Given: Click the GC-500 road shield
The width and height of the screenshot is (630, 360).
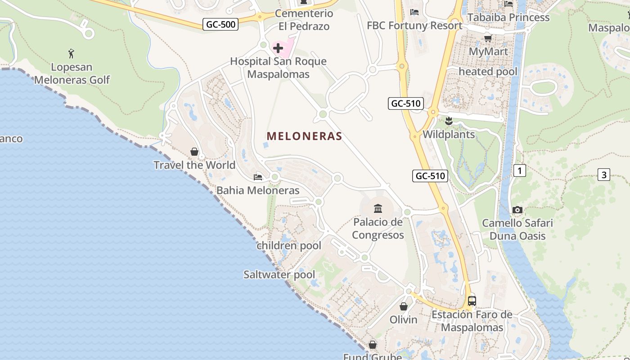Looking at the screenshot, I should click(220, 24).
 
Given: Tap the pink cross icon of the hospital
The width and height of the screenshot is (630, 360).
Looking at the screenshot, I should click(278, 48).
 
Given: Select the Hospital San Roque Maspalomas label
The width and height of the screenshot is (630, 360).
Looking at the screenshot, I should click(278, 67).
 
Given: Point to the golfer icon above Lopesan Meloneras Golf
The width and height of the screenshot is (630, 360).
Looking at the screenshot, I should click(71, 54).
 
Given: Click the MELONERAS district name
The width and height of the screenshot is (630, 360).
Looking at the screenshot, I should click(305, 136).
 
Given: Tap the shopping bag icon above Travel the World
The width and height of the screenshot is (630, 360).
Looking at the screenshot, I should click(194, 152).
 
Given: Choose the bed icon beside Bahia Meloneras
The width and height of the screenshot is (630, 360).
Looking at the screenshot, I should click(258, 177).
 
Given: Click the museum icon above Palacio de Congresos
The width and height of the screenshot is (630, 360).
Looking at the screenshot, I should click(378, 208).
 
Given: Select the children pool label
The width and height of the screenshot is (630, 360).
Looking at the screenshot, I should click(289, 246).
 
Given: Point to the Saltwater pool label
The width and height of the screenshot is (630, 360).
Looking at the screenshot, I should click(279, 274).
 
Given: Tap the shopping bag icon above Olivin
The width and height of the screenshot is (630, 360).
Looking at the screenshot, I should click(404, 306).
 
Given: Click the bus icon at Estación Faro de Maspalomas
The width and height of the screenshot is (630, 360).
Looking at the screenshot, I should click(472, 301).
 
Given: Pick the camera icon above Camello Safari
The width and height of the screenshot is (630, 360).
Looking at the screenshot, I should click(517, 210).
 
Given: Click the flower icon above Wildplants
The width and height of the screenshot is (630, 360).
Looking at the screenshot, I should click(448, 121).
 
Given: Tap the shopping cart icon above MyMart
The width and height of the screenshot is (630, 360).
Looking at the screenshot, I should click(488, 38).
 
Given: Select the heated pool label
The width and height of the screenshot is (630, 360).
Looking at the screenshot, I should click(488, 72).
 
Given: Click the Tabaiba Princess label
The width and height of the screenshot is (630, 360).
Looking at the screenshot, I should click(508, 18).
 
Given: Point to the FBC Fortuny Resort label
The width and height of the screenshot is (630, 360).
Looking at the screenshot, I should click(414, 25).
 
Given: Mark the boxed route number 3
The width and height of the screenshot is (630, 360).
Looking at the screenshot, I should click(604, 175).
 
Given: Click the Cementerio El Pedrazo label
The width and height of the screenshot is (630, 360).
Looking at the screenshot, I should click(304, 20).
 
